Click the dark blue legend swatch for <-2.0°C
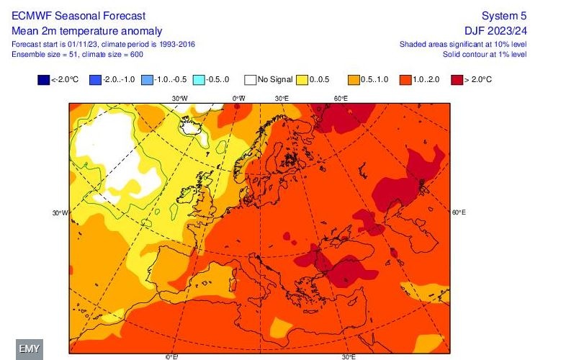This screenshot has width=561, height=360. tap(43, 79)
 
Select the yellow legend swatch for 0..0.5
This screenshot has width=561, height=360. tap(303, 79)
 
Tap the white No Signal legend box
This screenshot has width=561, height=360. tap(249, 79)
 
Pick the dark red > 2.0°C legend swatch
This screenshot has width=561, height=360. tap(457, 79)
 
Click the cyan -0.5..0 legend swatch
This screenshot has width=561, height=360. tap(198, 79)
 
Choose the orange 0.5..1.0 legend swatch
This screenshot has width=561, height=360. tap(354, 79)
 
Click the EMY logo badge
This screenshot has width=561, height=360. tap(30, 348)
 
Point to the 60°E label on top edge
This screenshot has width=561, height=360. tap(341, 98)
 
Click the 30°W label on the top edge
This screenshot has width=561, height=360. tap(179, 98)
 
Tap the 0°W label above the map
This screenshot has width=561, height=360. tap(238, 98)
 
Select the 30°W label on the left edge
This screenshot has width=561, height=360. tap(60, 213)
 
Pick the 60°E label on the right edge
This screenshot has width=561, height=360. tap(459, 213)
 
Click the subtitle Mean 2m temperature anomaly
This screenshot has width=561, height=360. tap(87, 30)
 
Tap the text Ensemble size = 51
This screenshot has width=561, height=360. tap(40, 54)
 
